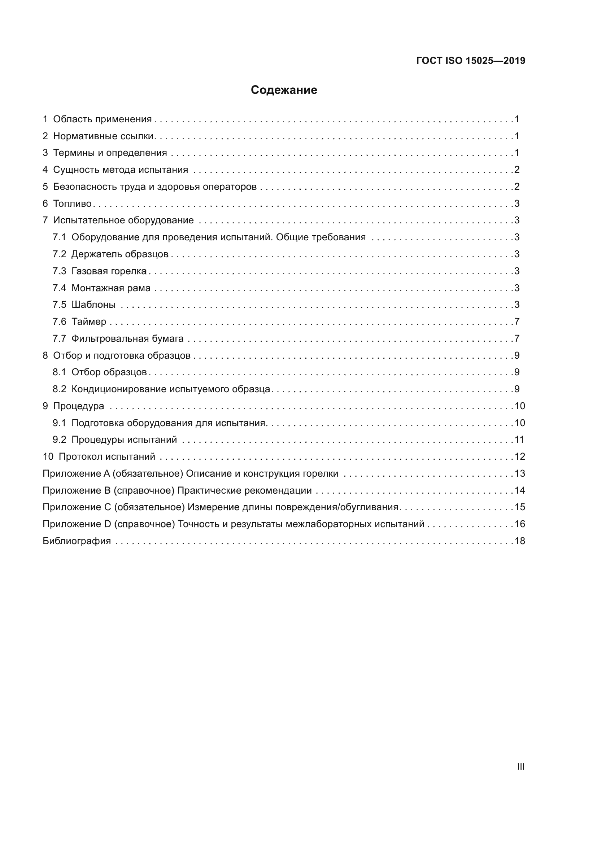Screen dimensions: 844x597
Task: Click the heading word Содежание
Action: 284,90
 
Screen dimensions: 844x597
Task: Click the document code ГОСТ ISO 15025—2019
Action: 471,61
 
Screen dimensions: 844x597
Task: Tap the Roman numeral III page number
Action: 520,766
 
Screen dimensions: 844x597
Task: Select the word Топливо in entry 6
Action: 73,203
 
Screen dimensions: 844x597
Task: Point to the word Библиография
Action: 77,541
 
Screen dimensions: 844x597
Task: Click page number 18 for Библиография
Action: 519,541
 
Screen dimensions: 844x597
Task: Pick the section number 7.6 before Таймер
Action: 59,322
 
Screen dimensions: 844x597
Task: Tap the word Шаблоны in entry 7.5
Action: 93,305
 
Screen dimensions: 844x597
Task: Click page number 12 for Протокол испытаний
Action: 519,456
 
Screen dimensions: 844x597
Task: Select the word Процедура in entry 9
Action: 79,406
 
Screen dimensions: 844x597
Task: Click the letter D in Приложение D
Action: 107,524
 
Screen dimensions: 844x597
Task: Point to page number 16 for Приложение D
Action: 519,524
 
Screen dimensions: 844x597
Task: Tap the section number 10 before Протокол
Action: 48,456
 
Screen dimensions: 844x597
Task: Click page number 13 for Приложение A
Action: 519,473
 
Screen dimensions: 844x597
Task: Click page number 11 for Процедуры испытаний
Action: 519,440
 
